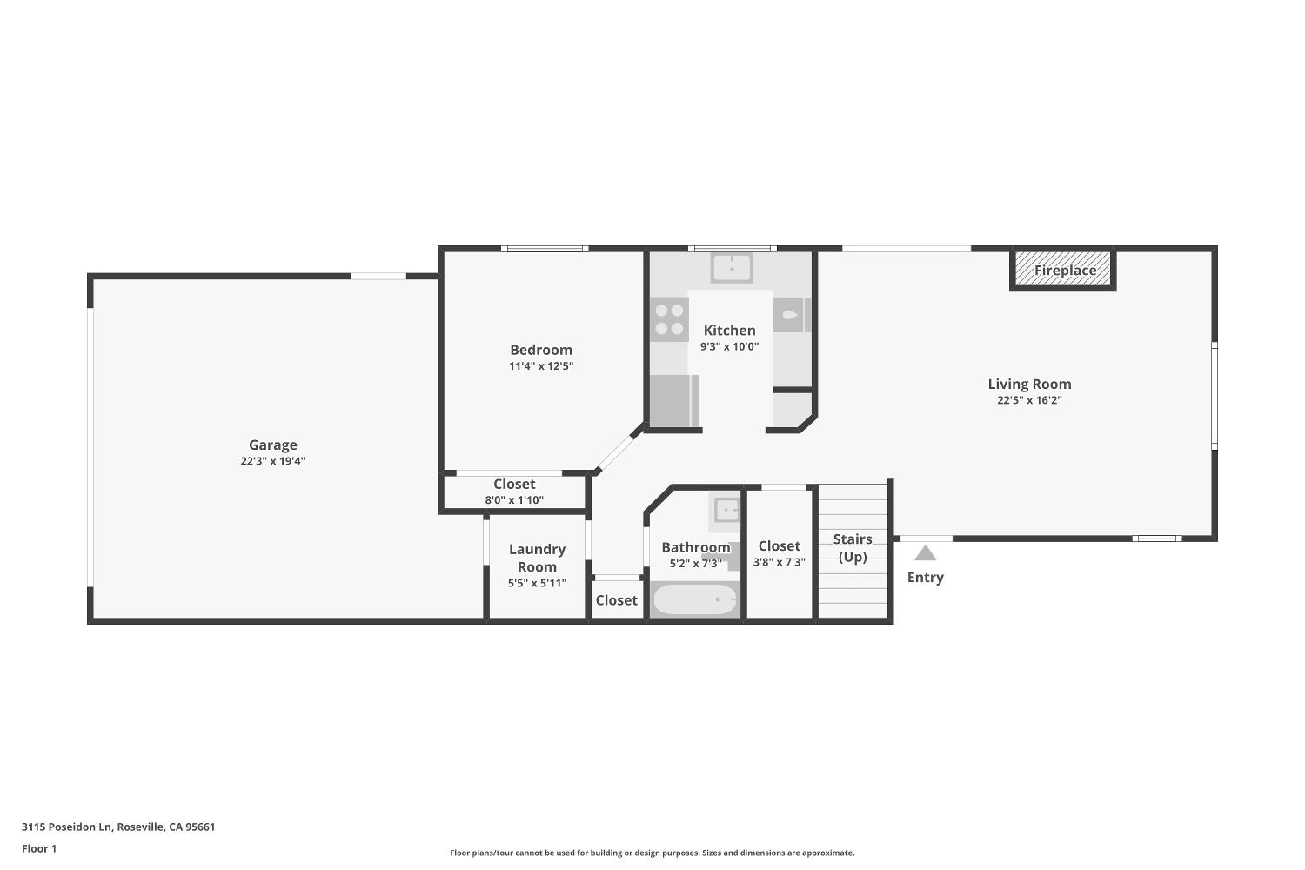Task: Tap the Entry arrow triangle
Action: coord(925,553)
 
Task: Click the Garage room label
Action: coord(272,445)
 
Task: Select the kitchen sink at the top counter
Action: coord(731,267)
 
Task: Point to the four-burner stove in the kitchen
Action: coord(669,319)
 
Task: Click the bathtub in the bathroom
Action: coord(694,599)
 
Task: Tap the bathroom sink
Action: coord(726,511)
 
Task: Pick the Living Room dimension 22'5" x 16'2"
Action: coord(1029,400)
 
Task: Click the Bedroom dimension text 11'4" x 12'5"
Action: coord(541,366)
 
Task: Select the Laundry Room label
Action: coord(537,558)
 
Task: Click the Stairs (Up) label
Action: coord(853,548)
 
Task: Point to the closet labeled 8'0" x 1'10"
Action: coord(514,492)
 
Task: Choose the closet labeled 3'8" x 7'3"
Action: coord(780,553)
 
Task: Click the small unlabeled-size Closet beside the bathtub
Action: coord(616,599)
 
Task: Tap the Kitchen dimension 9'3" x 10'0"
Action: coord(729,347)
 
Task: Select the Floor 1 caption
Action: coord(39,848)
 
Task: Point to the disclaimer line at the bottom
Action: coord(652,853)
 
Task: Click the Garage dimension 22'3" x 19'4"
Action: coord(272,461)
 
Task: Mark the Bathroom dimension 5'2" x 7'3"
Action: coord(696,564)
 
